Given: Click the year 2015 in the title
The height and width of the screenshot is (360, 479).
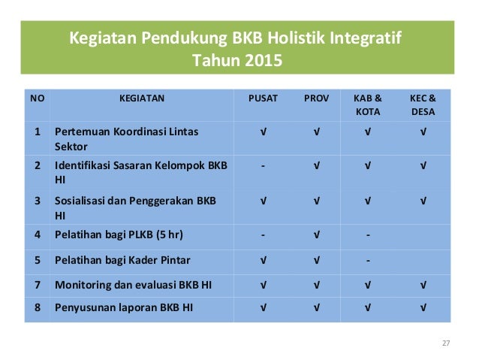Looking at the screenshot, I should coord(264,60).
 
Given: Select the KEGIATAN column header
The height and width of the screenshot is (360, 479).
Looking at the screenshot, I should coord(142,98).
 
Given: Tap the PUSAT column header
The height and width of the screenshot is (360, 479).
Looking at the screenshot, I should coord(263,98).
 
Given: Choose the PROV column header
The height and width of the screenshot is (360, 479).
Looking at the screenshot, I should coord(316,98).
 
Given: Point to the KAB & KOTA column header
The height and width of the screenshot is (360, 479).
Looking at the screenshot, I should coord(368,104).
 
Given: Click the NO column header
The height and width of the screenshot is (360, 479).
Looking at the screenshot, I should coord(36,98).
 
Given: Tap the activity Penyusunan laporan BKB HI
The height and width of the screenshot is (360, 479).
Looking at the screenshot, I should coord(123,307).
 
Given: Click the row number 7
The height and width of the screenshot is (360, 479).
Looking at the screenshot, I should coord(37,284).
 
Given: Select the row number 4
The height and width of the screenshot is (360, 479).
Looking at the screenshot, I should coord(37,234).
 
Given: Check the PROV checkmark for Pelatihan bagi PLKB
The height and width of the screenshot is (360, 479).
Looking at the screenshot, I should coord(316,234).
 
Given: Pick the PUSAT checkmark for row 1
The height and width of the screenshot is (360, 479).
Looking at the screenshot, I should coord(263,132).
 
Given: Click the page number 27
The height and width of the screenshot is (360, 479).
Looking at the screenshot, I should coord(445,343).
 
